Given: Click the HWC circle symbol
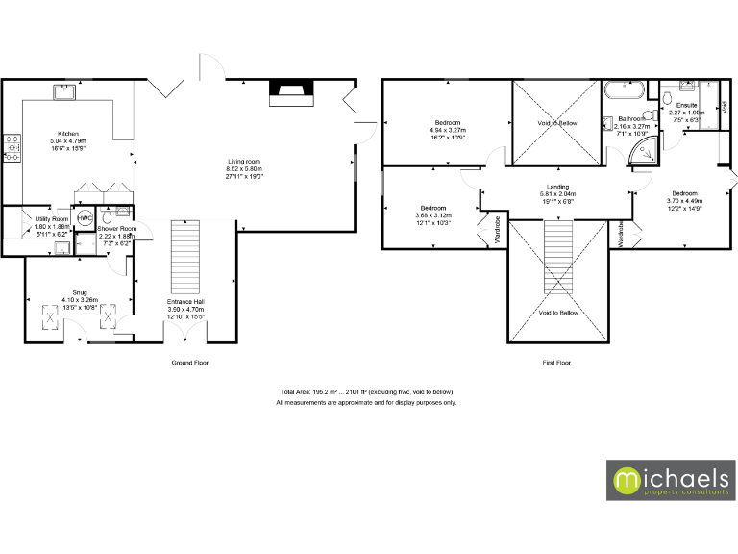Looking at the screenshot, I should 85,217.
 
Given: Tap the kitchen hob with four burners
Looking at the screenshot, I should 12,147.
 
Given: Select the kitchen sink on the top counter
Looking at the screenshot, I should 65,92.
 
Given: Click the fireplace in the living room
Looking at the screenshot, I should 289,91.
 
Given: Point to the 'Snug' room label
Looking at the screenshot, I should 79,292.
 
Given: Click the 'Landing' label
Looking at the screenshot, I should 556,187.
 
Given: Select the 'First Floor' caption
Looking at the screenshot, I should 556,363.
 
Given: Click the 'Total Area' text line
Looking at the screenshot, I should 365,393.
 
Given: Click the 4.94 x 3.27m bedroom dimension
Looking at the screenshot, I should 447,130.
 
